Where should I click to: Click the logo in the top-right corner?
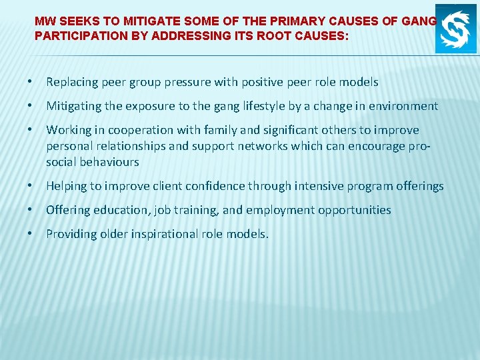coord(456,32)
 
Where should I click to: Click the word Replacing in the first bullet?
coord(71,83)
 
